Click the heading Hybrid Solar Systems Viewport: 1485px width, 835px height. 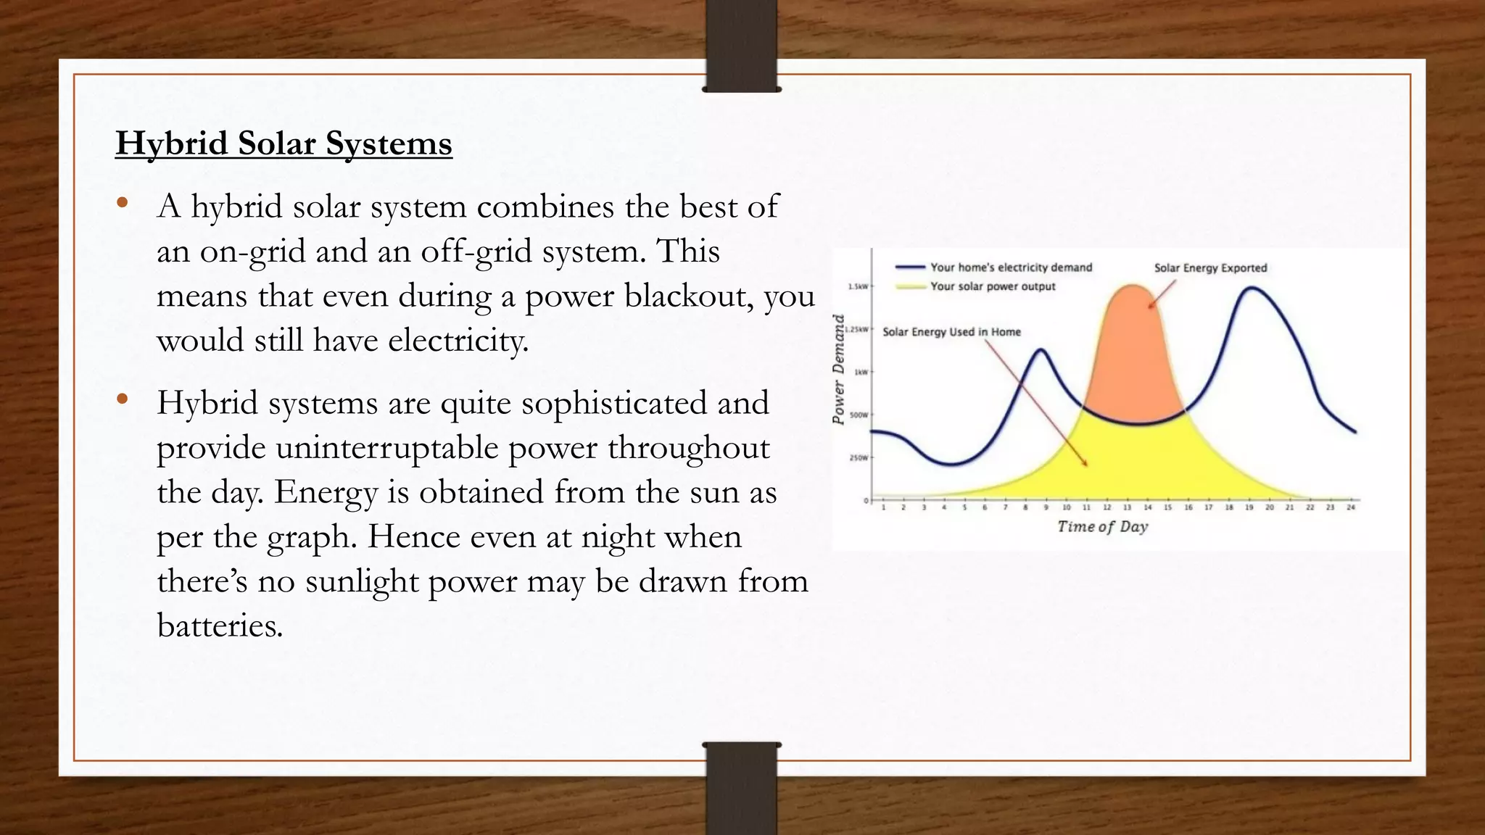coord(284,144)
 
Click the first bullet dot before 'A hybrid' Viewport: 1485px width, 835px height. coord(122,202)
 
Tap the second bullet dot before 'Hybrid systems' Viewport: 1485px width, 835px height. coord(122,398)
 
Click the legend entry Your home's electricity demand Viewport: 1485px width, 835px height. coord(1011,267)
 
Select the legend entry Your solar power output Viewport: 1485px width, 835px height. coord(993,286)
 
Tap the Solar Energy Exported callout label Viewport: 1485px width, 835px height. coord(1210,267)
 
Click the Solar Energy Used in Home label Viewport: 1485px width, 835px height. coord(951,332)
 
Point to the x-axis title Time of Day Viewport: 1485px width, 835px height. coord(1102,526)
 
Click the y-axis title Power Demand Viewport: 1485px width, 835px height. coord(839,370)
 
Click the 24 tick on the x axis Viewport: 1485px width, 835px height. coord(1351,508)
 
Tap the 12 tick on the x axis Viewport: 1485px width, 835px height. coord(1107,508)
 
